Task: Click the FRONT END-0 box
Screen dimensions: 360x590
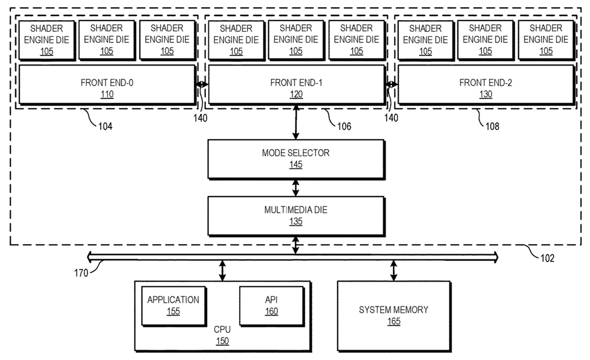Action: pyautogui.click(x=107, y=85)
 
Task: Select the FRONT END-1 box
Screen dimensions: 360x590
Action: pyautogui.click(x=296, y=85)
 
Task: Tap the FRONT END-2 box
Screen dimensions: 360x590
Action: pyautogui.click(x=485, y=85)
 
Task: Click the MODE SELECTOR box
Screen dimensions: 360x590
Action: pyautogui.click(x=296, y=159)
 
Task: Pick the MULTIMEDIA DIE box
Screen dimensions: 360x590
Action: pyautogui.click(x=296, y=215)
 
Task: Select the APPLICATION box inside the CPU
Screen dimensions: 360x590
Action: pyautogui.click(x=173, y=305)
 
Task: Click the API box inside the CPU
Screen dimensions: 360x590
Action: pyautogui.click(x=271, y=305)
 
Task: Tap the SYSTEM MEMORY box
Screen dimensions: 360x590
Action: pyautogui.click(x=394, y=315)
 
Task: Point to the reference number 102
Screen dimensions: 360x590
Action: pyautogui.click(x=548, y=258)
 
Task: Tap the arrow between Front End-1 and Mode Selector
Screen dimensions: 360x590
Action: pyautogui.click(x=296, y=122)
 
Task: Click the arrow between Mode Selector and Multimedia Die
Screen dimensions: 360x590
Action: pyautogui.click(x=296, y=188)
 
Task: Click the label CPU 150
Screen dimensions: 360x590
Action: pyautogui.click(x=222, y=335)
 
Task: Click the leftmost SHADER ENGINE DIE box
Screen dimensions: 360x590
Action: pyautogui.click(x=47, y=39)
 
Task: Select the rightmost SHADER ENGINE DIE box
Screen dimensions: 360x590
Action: pyautogui.click(x=546, y=39)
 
